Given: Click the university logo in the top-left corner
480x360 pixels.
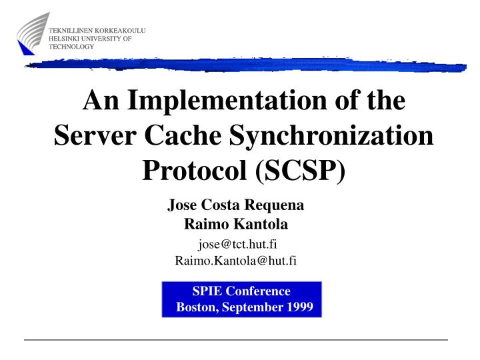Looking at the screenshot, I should coord(33,34).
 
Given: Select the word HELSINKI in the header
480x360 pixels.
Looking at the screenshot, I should coord(65,39).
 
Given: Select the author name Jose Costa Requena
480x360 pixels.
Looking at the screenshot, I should coord(235,207).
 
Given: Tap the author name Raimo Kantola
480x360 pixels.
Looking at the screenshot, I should coord(235,225).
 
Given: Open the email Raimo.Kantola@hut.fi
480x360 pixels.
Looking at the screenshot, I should coord(235,260).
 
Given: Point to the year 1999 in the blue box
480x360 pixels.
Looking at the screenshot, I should coord(300,307).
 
